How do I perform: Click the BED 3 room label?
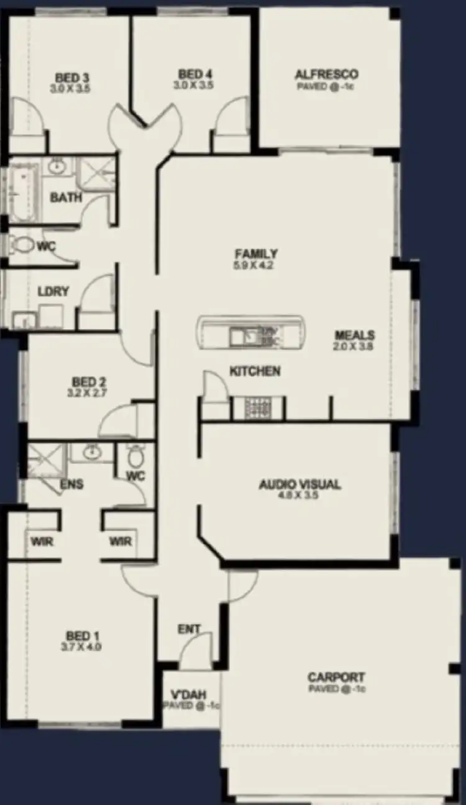[73, 78]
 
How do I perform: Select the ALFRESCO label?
[326, 75]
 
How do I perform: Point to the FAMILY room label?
[255, 253]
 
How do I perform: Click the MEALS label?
[354, 335]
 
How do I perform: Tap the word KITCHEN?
[255, 371]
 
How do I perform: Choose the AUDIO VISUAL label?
[299, 484]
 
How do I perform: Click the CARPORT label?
[336, 677]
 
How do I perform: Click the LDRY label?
[53, 291]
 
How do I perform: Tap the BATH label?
[66, 198]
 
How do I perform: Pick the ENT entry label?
[189, 629]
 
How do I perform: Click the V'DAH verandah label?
[188, 695]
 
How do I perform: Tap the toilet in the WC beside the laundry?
[22, 245]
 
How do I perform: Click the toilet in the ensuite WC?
[135, 457]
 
